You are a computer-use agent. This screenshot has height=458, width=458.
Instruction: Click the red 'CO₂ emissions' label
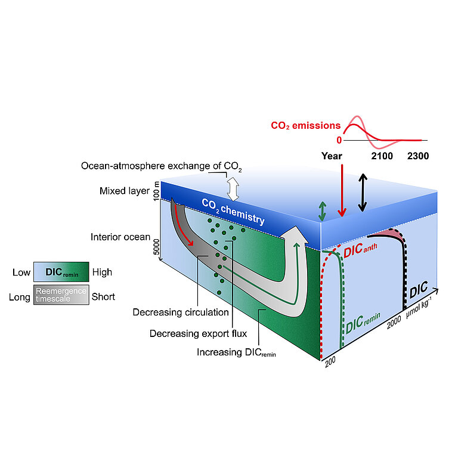(x=305, y=126)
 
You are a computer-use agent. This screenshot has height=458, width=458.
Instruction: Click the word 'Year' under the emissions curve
(x=332, y=156)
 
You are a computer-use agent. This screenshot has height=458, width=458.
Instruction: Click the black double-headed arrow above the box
(x=362, y=193)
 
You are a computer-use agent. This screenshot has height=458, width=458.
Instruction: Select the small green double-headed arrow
(x=323, y=211)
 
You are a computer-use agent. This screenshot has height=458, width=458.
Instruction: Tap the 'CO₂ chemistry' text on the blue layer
(x=233, y=212)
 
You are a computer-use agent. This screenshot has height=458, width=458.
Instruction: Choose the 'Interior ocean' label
(x=120, y=237)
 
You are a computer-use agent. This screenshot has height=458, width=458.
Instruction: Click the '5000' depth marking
(x=157, y=246)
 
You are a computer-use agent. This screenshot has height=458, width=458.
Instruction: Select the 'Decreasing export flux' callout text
(x=198, y=333)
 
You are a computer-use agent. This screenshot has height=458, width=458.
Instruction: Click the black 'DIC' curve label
(x=419, y=292)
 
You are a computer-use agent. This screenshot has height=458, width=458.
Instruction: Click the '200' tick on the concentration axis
(x=329, y=364)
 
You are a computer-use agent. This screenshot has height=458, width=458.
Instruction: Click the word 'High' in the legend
(x=102, y=273)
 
